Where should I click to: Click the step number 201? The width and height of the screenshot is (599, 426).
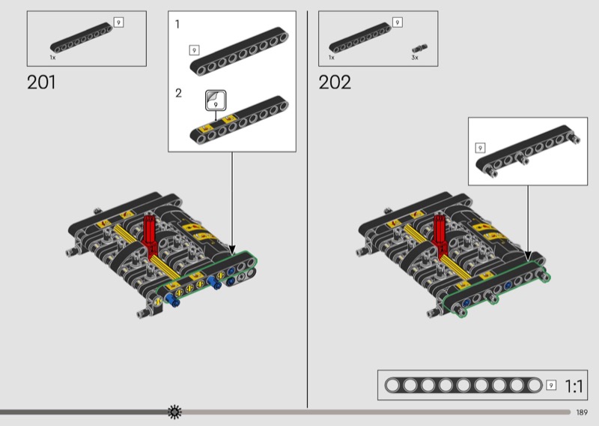pos(41,82)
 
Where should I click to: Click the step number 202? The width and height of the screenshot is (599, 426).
pos(335,82)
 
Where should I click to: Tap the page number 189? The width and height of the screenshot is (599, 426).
pos(582,412)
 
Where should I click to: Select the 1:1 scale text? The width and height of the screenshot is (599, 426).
pos(574,386)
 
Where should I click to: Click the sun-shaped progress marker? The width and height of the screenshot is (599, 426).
pos(174,412)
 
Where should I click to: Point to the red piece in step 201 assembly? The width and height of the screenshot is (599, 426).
pos(150,235)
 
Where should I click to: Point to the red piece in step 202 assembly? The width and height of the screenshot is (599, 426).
pos(440,235)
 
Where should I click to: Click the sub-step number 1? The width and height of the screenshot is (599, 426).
pos(177,25)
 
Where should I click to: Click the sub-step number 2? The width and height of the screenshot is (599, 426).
pos(178,93)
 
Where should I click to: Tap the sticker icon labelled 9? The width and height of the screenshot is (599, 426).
pos(216,100)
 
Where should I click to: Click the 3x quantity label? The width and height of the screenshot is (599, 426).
pos(415,58)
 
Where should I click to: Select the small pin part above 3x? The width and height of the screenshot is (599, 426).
pos(419,48)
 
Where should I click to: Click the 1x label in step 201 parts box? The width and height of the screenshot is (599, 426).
pos(52,58)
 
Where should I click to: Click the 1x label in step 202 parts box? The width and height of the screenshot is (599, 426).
pos(331,58)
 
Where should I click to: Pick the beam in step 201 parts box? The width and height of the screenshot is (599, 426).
pos(81,38)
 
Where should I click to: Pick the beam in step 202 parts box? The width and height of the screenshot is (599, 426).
pos(360,38)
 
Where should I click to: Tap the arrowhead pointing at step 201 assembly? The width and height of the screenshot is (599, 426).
pos(232,250)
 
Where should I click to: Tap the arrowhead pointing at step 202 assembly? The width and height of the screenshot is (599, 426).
pos(529,256)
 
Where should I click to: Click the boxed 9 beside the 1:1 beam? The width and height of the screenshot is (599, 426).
pos(551,385)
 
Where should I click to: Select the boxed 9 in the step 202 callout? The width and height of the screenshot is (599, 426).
pos(480,148)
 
